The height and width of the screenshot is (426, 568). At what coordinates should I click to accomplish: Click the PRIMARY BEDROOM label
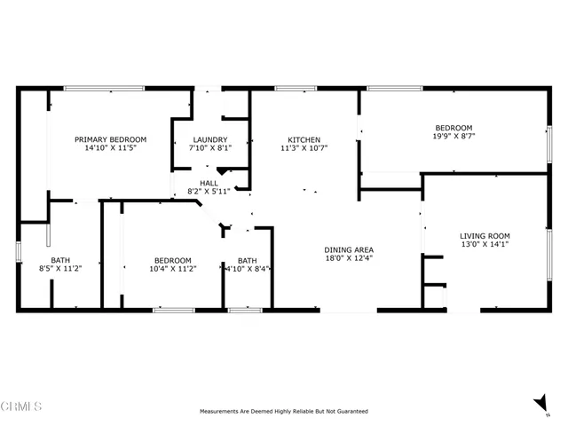pyautogui.click(x=110, y=139)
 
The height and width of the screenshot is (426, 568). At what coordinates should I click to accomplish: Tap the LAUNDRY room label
pyautogui.click(x=211, y=139)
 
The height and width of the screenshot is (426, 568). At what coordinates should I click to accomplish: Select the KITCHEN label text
pyautogui.click(x=304, y=139)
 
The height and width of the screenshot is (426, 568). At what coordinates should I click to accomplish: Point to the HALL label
pyautogui.click(x=209, y=182)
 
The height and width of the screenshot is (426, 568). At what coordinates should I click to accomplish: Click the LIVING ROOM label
pyautogui.click(x=485, y=236)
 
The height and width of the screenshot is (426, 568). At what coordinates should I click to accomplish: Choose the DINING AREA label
pyautogui.click(x=349, y=249)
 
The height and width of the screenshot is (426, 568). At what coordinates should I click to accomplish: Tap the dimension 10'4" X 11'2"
pyautogui.click(x=172, y=269)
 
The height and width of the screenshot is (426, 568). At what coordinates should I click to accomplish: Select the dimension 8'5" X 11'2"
pyautogui.click(x=60, y=269)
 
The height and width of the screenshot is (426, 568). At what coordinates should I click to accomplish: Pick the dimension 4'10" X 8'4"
pyautogui.click(x=248, y=269)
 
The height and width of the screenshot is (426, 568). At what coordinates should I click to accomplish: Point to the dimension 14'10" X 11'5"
pyautogui.click(x=110, y=149)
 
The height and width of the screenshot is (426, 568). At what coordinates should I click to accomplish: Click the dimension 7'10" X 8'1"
pyautogui.click(x=211, y=149)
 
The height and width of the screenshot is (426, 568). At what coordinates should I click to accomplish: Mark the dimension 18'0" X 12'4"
pyautogui.click(x=349, y=259)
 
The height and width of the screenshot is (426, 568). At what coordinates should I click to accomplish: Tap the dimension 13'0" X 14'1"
pyautogui.click(x=485, y=246)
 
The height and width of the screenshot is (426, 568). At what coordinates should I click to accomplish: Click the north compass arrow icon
pyautogui.click(x=540, y=404)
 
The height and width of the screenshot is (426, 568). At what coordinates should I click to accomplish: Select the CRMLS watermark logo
pyautogui.click(x=22, y=406)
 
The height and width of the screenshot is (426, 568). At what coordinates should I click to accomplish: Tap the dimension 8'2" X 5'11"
pyautogui.click(x=209, y=192)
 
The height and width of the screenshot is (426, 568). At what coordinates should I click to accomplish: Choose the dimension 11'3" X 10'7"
pyautogui.click(x=304, y=149)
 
